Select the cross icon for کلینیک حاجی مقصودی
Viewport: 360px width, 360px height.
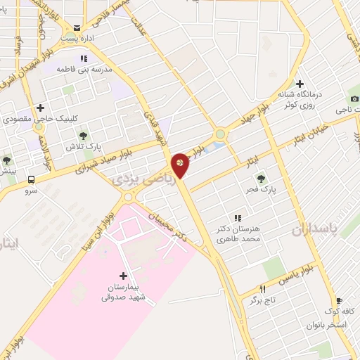pyautogui.click(x=40, y=108)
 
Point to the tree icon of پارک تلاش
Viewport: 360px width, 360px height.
pyautogui.click(x=83, y=134)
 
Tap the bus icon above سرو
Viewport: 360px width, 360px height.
pyautogui.click(x=31, y=179)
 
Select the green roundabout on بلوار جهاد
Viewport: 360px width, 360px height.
pyautogui.click(x=221, y=134)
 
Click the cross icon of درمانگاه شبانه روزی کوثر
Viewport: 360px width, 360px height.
pyautogui.click(x=300, y=84)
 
